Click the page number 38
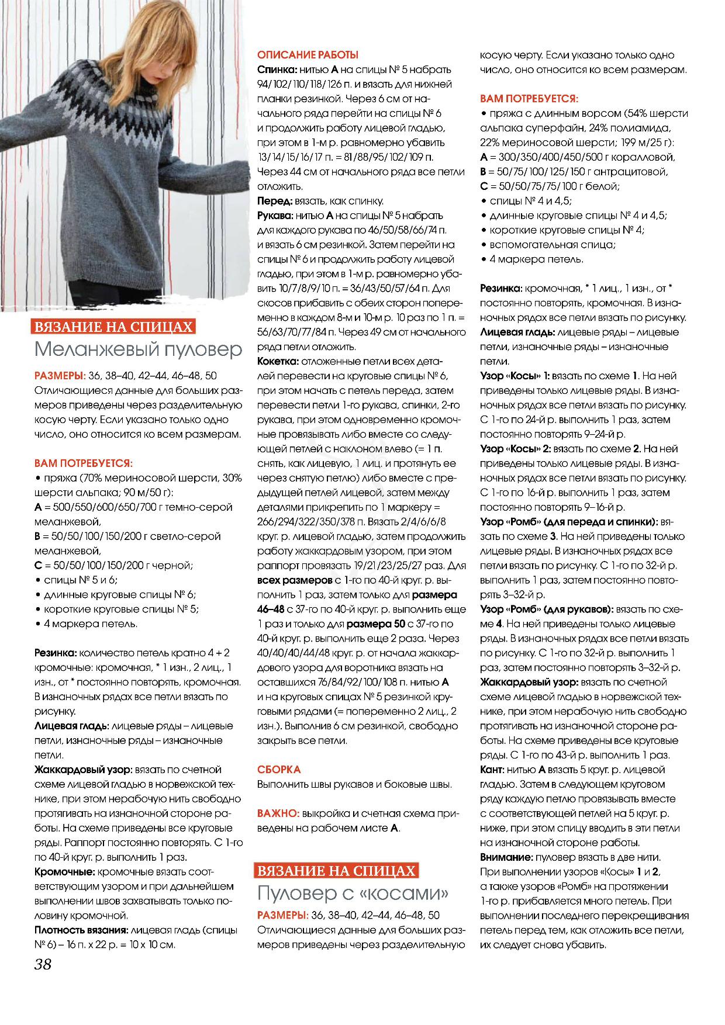coord(43,964)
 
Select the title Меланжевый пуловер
coord(138,349)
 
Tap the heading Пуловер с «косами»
coord(353,893)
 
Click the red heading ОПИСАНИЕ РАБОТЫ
coord(308,55)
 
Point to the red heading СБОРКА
coord(279,770)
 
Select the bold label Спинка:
coord(275,70)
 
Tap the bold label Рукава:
coord(275,216)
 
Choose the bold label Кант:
coord(492,770)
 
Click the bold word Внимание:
coord(506,857)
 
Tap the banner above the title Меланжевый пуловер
coord(113,327)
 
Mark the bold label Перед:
coord(275,201)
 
